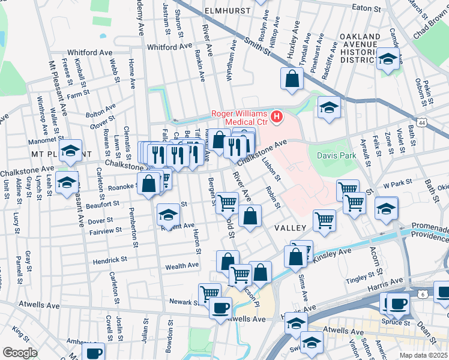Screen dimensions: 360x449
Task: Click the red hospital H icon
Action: (277, 116)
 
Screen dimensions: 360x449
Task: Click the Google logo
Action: (20, 352)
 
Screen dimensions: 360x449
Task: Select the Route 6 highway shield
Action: (423, 295)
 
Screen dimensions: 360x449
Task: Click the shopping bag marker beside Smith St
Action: (292, 80)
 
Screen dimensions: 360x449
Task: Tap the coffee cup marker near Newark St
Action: (220, 308)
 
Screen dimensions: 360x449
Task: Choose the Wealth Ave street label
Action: (182, 265)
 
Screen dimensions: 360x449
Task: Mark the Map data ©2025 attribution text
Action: (423, 355)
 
